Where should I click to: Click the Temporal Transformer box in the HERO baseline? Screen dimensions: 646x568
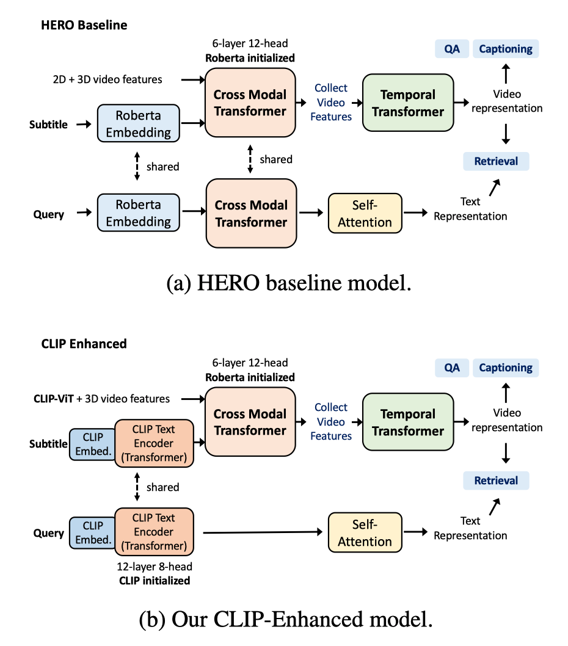pos(407,103)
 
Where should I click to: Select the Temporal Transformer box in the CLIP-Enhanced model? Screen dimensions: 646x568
pos(407,423)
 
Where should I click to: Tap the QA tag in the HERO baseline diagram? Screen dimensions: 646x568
pos(451,49)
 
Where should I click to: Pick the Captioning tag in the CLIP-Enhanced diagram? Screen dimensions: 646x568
pos(505,368)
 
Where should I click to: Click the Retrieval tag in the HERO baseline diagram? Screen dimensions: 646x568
pos(496,161)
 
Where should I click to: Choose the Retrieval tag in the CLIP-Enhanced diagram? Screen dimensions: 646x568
pos(496,481)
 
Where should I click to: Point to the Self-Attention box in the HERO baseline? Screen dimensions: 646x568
pos(365,213)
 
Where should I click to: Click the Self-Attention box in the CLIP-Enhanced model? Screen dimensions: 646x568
pos(365,532)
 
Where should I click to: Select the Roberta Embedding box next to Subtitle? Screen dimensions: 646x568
pos(138,125)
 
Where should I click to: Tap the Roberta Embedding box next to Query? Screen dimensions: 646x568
pos(138,212)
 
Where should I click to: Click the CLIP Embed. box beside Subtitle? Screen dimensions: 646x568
pos(92,444)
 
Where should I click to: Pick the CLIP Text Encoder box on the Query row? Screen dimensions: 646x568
pos(154,532)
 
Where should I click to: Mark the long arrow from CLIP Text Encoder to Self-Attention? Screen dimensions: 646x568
pos(263,533)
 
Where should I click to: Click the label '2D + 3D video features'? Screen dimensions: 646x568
pos(107,79)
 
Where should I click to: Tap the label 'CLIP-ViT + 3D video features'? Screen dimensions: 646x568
pos(101,399)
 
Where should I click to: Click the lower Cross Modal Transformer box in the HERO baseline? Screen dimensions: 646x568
pos(250,213)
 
